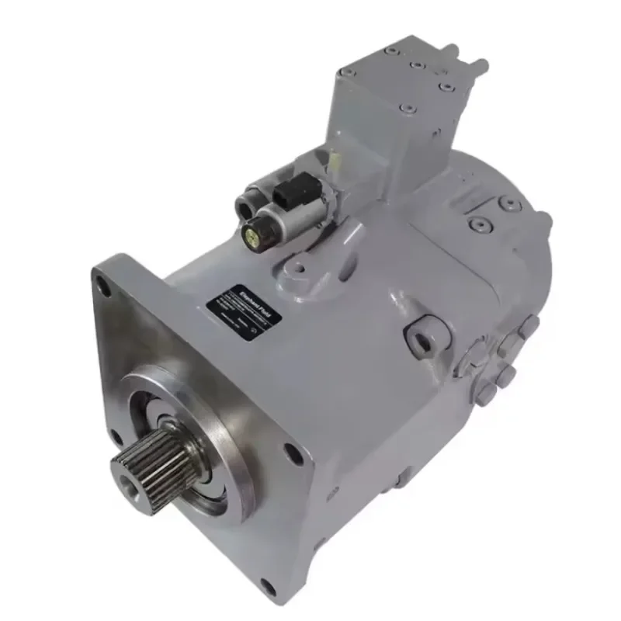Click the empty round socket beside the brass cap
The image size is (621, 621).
247,203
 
